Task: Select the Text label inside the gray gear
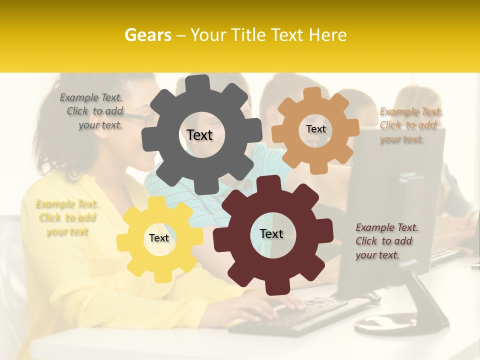[x=199, y=135]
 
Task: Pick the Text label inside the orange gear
[x=315, y=129]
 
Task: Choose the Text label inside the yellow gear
[x=159, y=238]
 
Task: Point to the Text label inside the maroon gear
[x=271, y=233]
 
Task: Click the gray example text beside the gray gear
[x=92, y=111]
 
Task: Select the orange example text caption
[x=410, y=125]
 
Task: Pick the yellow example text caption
[x=67, y=218]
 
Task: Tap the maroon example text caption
[x=386, y=241]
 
